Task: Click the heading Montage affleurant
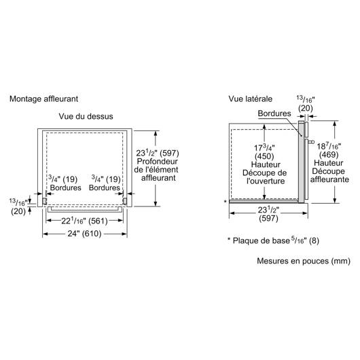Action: pos(44,99)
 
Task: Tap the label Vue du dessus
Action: pos(86,116)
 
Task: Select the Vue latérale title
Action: pos(250,99)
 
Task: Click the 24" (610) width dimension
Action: pos(84,234)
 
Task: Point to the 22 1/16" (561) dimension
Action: pos(84,221)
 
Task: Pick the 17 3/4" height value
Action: pos(264,147)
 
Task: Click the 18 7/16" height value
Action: pos(329,146)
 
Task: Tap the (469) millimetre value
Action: pos(329,155)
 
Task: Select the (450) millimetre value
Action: pos(264,156)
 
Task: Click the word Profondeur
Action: pos(158,162)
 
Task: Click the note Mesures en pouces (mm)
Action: pos(304,261)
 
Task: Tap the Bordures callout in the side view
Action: pos(274,113)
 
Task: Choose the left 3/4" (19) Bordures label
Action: pos(65,183)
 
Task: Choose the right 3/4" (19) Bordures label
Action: pos(105,183)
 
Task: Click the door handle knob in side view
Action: pos(312,142)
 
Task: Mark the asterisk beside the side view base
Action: pos(226,202)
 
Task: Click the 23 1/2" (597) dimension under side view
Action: pos(268,214)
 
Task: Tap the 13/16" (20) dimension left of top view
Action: pos(18,207)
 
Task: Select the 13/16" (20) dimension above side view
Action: pos(306,103)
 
